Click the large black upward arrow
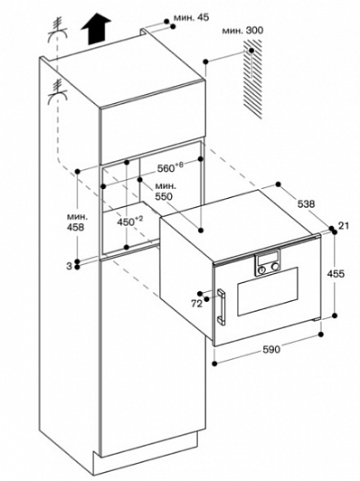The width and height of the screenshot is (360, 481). [x=96, y=29]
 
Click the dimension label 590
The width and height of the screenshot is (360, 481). [x=271, y=349]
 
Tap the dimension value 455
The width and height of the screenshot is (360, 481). [x=336, y=273]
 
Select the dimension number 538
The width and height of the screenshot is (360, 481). [x=307, y=203]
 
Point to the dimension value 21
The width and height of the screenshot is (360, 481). [x=344, y=226]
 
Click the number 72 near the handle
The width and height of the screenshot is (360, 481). [x=196, y=304]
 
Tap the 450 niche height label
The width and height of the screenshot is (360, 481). [x=126, y=222]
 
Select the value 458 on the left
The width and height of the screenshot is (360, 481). [x=75, y=227]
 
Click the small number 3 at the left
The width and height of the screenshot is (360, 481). [x=69, y=266]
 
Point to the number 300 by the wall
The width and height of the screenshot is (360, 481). [x=254, y=31]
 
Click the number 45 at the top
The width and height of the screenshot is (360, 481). [x=203, y=17]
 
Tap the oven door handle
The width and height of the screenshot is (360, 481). [x=222, y=307]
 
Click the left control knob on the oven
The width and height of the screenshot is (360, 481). [x=262, y=270]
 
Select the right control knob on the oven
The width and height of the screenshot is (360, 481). [x=274, y=268]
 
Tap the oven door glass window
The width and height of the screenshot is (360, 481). [x=268, y=291]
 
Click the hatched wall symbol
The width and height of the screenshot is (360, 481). [x=253, y=79]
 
